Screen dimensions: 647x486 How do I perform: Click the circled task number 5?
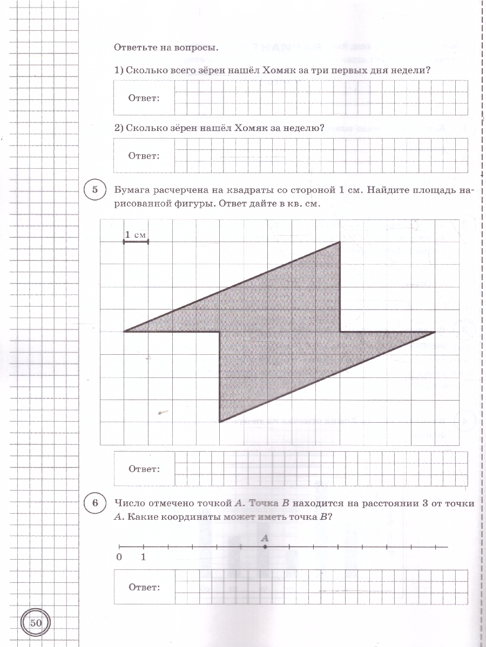point(95,190)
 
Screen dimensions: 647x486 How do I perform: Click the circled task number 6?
point(95,504)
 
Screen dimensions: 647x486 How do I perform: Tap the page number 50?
point(36,623)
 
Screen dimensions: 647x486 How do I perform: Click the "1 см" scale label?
point(136,235)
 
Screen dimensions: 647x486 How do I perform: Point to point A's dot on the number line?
point(265,547)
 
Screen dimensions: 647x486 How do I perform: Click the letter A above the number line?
point(265,538)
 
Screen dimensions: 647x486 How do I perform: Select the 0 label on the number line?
point(119,557)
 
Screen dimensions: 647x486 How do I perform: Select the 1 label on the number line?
point(143,557)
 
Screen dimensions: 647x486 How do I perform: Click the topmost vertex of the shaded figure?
point(340,242)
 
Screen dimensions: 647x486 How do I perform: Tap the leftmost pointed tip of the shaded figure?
point(125,331)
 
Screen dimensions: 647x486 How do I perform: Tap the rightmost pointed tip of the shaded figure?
point(435,332)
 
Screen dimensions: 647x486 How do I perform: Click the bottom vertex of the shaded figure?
point(220,422)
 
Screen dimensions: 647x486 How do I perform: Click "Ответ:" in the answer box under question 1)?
point(144,98)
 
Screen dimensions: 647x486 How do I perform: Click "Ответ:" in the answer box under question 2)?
point(144,155)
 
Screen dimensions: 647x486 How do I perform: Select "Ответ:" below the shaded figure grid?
point(144,469)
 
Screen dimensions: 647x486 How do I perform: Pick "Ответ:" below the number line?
point(144,587)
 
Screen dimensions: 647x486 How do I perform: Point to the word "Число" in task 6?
point(128,504)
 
